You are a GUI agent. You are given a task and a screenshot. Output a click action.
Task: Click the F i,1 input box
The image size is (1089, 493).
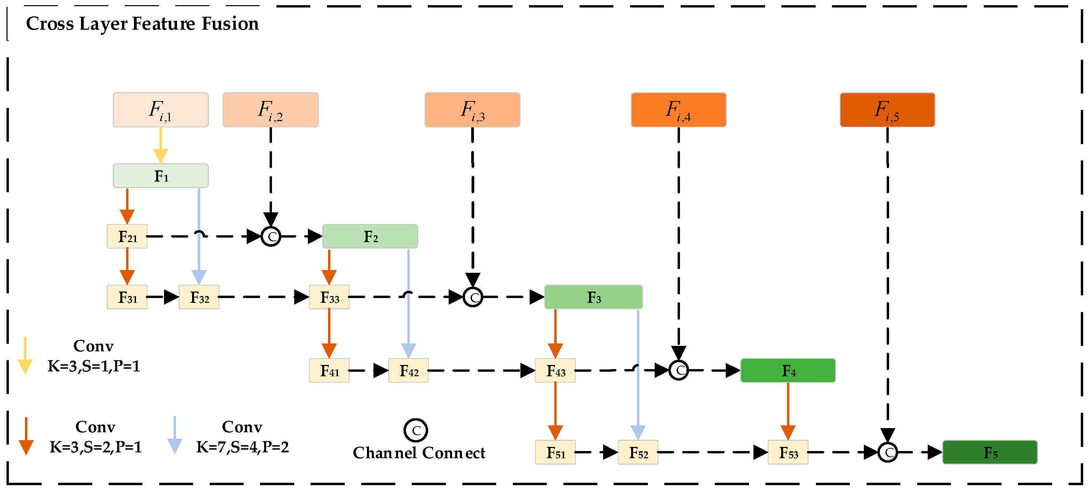[x=161, y=110]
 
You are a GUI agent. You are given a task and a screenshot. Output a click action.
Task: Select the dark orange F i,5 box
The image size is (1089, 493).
[x=887, y=110]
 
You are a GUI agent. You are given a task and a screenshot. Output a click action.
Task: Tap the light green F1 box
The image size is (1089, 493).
[x=161, y=176]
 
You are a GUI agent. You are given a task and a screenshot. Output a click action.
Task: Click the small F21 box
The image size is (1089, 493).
[x=127, y=236]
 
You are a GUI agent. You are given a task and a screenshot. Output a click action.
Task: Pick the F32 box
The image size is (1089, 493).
[x=199, y=297]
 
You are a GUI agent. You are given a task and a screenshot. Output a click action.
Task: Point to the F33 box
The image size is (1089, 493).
[x=329, y=297]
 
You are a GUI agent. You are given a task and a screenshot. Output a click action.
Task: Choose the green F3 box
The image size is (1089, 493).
[x=593, y=297]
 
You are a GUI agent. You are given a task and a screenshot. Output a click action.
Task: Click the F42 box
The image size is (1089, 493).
[x=408, y=370]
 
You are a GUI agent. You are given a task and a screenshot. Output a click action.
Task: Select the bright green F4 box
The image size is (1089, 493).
[x=788, y=370]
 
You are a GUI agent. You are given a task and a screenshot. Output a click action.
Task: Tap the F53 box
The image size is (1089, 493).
[x=788, y=452]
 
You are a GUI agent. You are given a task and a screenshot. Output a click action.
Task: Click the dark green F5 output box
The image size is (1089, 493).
[x=990, y=452]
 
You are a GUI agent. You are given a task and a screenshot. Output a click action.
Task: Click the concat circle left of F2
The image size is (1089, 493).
[x=271, y=236]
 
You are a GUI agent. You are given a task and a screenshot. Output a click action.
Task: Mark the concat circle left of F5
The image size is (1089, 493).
[x=887, y=452]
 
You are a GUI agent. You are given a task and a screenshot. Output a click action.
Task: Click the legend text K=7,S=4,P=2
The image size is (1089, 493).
[x=242, y=447]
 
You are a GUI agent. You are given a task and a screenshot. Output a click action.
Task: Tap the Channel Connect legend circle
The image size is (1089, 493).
[x=416, y=431]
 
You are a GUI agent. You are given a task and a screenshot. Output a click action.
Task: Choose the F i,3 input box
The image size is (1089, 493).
[x=472, y=110]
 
